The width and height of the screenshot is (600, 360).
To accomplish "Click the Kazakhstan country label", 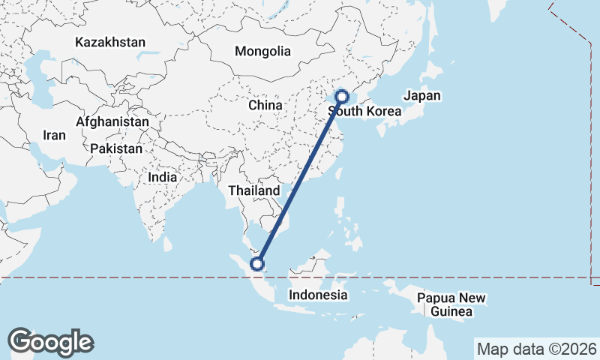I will [x=109, y=43].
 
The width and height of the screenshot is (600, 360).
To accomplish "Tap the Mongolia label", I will [x=262, y=52].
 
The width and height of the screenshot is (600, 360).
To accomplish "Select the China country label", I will [x=265, y=105].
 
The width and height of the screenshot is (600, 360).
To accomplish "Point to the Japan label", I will [x=422, y=96].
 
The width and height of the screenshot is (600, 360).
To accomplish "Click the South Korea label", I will [x=365, y=112].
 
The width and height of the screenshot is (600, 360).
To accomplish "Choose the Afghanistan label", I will [x=112, y=121].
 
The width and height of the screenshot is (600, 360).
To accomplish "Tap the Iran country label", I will [x=54, y=136].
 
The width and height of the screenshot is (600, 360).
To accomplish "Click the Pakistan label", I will [x=115, y=149].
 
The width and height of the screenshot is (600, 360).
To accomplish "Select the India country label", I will [x=163, y=178].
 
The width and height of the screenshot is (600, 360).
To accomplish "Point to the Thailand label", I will [x=253, y=191].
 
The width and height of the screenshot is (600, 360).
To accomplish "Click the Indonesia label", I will [x=318, y=295].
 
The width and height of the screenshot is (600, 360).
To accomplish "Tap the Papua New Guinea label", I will [x=451, y=304].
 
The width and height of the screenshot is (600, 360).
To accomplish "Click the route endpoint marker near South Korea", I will [x=341, y=96].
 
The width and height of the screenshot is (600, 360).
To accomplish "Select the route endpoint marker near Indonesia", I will [x=257, y=263].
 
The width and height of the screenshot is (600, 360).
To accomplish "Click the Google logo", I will [x=50, y=342].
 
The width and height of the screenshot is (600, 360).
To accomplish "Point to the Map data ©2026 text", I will [x=536, y=349].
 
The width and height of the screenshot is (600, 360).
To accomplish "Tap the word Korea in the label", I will [x=383, y=112].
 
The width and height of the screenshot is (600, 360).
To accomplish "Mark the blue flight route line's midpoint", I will [x=299, y=180].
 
